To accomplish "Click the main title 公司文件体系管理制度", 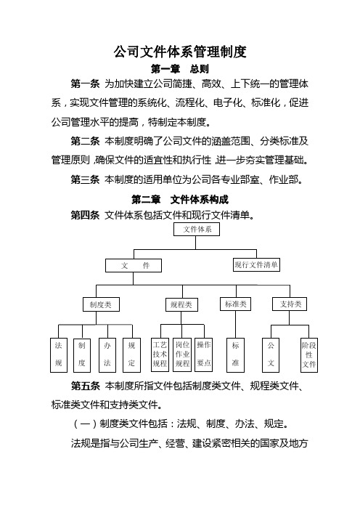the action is tap(180, 52).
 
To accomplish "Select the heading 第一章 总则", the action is tap(180, 69).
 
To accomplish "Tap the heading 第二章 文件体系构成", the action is tap(180, 199).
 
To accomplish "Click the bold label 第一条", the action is tap(85, 84).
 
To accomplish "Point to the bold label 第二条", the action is tap(85, 141).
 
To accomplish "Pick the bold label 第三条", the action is tap(85, 179).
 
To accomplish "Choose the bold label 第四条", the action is tap(85, 215).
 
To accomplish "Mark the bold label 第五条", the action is tap(85, 386).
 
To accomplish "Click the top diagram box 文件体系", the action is tap(197, 230).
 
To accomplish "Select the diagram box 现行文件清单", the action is tap(256, 264).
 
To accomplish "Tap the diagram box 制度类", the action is tap(101, 304).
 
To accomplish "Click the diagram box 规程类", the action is tap(181, 304).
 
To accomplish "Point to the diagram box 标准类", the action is tap(236, 304).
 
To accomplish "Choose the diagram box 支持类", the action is tap(290, 304).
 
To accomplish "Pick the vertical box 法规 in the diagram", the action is tap(59, 355).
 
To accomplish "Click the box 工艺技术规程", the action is tap(160, 355).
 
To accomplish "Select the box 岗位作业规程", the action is tap(182, 355).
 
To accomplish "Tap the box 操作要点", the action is tap(204, 355).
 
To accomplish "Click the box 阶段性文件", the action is tap(309, 355).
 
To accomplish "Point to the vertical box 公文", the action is tap(271, 355).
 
